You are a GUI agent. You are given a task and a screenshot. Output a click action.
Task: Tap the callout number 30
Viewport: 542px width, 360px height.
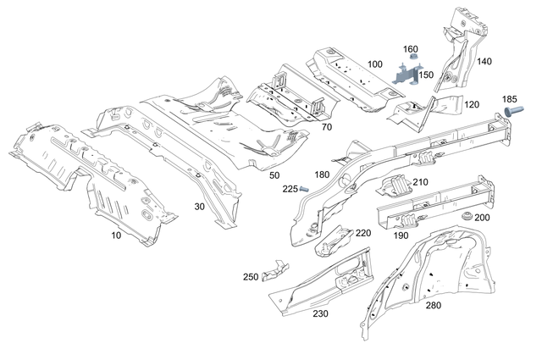(x=199, y=206)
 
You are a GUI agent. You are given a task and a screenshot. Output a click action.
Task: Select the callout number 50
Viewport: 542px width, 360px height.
(x=274, y=174)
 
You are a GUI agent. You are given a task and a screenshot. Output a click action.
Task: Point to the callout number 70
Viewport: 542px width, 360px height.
(x=326, y=126)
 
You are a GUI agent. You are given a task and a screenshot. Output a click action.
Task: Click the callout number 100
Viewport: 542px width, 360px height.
(x=375, y=64)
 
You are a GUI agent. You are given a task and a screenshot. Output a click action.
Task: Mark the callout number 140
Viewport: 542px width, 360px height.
(x=484, y=61)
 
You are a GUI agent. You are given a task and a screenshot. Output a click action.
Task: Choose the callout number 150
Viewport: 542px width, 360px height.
(x=426, y=75)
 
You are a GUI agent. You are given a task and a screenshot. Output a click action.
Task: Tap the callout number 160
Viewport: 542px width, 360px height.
(x=411, y=49)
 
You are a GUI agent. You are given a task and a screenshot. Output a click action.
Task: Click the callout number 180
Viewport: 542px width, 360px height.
(x=322, y=174)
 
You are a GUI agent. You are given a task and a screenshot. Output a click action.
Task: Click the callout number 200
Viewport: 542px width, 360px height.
(x=482, y=218)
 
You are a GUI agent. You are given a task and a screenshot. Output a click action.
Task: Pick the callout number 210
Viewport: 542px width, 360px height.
(x=421, y=182)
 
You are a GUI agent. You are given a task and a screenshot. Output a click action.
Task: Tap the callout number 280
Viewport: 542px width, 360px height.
(x=433, y=305)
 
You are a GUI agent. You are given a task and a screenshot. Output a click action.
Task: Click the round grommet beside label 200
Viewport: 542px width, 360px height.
(x=462, y=218)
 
